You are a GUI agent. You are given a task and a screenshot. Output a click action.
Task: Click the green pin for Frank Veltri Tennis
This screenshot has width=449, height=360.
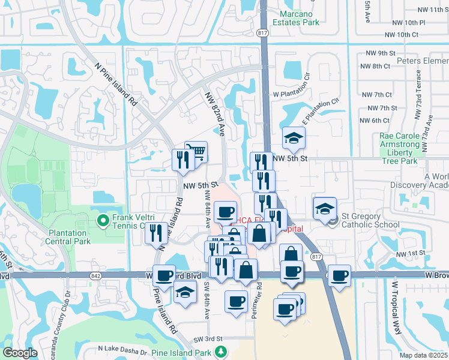[x=103, y=221]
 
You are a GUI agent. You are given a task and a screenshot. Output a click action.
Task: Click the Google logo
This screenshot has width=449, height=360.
[x=20, y=353]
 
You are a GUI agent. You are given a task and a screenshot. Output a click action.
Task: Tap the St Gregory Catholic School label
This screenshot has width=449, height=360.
[x=370, y=225]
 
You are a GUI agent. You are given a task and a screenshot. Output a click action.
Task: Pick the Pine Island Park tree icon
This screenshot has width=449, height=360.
[x=221, y=351]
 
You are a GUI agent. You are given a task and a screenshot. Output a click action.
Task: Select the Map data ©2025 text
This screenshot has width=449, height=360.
[x=423, y=355]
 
